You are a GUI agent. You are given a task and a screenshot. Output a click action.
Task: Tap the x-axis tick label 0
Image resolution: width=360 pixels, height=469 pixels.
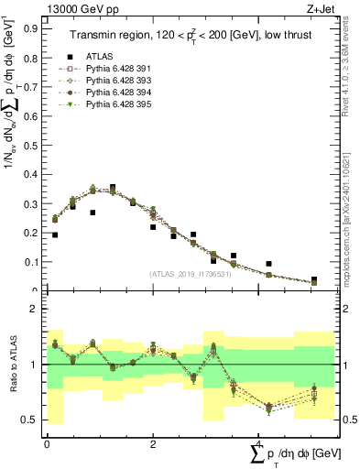pyautogui.click(x=47, y=443)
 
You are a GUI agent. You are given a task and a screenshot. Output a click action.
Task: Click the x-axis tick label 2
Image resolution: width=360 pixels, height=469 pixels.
pyautogui.click(x=152, y=443)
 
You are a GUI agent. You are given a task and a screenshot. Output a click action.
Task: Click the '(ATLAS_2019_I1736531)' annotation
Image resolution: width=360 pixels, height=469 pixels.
pyautogui.click(x=190, y=274)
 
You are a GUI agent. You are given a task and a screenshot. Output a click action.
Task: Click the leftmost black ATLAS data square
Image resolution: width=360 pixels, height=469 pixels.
pyautogui.click(x=55, y=235)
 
